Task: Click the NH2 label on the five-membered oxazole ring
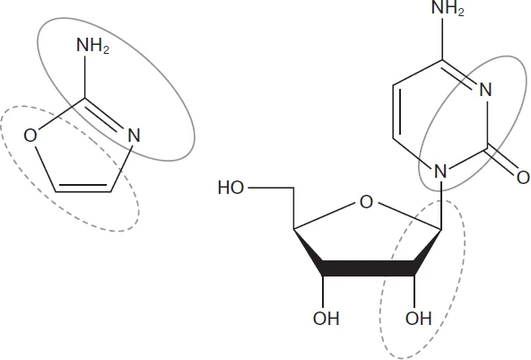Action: coord(92,46)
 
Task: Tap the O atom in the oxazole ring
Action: coord(30,136)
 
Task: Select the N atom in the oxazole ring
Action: coord(134,136)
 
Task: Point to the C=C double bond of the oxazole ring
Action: coord(83,189)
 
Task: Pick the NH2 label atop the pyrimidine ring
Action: coord(448,8)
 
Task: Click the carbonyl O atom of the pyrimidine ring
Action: coord(523,177)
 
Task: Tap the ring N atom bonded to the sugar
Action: coord(440,171)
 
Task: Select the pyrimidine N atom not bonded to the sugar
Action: coord(485,90)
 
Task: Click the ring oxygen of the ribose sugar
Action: coord(366,202)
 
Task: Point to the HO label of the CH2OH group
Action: coord(231,188)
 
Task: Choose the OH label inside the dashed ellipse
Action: coord(419,319)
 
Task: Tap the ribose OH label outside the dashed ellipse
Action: coord(326,319)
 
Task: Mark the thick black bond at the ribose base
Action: coord(369,268)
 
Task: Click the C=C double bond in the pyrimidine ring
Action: coord(396,111)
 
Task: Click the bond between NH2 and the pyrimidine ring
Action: coord(442,39)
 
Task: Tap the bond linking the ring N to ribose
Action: coord(441,205)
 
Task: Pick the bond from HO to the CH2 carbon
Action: coord(271,188)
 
